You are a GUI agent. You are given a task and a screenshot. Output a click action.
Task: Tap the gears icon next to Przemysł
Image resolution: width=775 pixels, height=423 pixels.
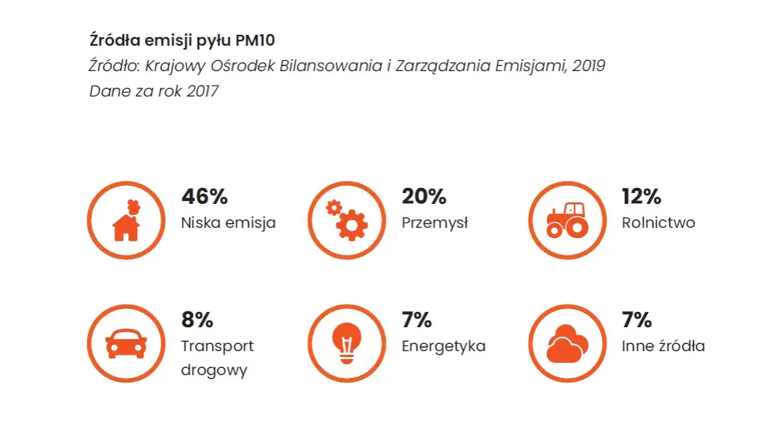point(346,220)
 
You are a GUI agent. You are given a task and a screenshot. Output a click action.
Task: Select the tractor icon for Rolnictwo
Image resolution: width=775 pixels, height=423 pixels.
point(567,220)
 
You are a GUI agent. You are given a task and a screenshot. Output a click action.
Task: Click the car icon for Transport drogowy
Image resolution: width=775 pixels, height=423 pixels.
point(126,342)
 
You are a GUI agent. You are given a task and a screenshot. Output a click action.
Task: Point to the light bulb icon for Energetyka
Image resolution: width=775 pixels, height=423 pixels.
point(346,342)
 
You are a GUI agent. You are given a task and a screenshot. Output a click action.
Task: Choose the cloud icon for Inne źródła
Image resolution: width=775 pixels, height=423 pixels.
point(567,342)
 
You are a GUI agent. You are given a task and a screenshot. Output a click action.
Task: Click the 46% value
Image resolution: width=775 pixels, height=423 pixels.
point(204,197)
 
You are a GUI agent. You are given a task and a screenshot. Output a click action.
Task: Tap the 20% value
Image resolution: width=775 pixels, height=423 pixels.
point(424,197)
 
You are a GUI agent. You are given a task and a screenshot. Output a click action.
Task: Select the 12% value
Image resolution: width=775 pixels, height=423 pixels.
point(641,197)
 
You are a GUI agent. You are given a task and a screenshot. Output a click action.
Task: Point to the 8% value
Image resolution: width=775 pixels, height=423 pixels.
point(197,320)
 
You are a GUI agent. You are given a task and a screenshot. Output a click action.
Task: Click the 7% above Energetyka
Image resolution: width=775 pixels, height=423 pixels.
point(417,320)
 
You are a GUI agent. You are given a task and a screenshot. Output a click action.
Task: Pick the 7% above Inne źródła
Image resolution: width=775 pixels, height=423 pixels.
point(636,320)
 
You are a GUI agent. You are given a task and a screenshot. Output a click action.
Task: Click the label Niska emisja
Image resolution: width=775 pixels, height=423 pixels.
point(228,223)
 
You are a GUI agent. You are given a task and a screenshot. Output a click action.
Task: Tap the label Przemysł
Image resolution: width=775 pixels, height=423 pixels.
point(435,223)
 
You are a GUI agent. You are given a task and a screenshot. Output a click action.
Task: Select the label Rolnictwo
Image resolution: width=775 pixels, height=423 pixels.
point(658,223)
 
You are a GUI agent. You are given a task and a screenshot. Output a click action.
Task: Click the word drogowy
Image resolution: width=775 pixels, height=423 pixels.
point(214,371)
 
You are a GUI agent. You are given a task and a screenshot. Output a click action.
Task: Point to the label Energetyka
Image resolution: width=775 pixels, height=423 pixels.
point(443,347)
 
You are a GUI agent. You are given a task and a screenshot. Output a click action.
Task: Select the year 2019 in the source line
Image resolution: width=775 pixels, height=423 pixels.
point(589,66)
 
